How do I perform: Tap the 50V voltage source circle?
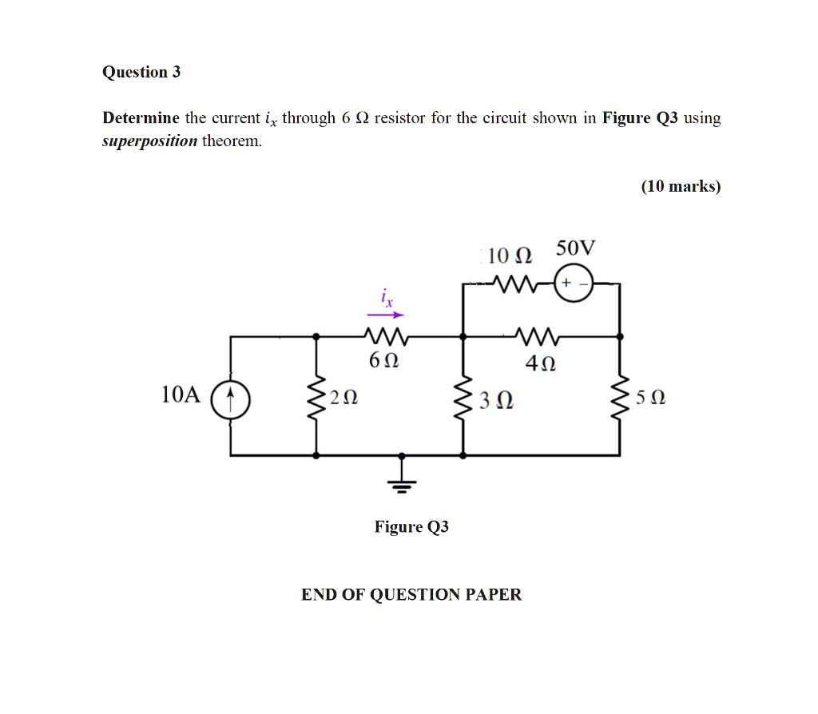(573, 284)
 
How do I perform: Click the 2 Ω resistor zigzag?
(317, 396)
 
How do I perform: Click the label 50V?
(575, 248)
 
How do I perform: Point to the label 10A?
(180, 395)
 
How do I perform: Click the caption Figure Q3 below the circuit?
(411, 527)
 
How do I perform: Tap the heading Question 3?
(141, 73)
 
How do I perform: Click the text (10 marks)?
(681, 187)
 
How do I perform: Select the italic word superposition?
(149, 141)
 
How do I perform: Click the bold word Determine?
(141, 119)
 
